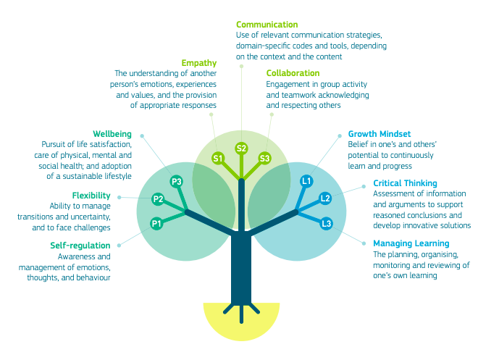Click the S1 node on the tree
[217, 157]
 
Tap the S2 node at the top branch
[242, 148]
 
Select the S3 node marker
[264, 157]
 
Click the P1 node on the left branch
[156, 224]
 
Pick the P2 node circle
[158, 199]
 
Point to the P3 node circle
[176, 181]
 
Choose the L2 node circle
[325, 198]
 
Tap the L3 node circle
[327, 224]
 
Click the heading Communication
[267, 25]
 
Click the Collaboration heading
[293, 73]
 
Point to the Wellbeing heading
[112, 133]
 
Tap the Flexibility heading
[91, 196]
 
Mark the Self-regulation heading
[80, 246]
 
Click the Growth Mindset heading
[379, 134]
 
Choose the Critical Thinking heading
[405, 183]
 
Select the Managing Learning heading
[411, 243]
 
